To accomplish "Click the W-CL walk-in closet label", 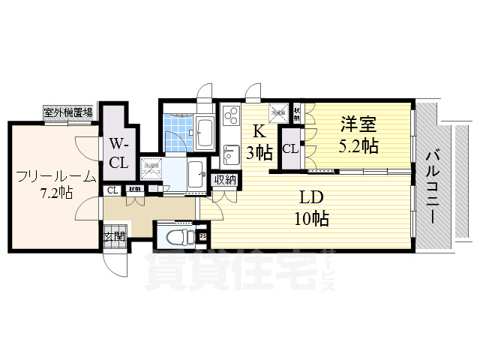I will pos(118,152).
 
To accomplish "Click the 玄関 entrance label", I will pos(114,238).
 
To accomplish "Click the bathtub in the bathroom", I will pos(203,132).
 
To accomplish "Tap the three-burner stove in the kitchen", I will pos(229,117).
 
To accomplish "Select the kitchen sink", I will pos(229,155).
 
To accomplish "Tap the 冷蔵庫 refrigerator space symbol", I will pos(279,113).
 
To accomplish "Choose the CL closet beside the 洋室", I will pos(290,148).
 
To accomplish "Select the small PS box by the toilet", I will pos(203,238).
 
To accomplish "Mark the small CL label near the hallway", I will pos(112,190).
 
